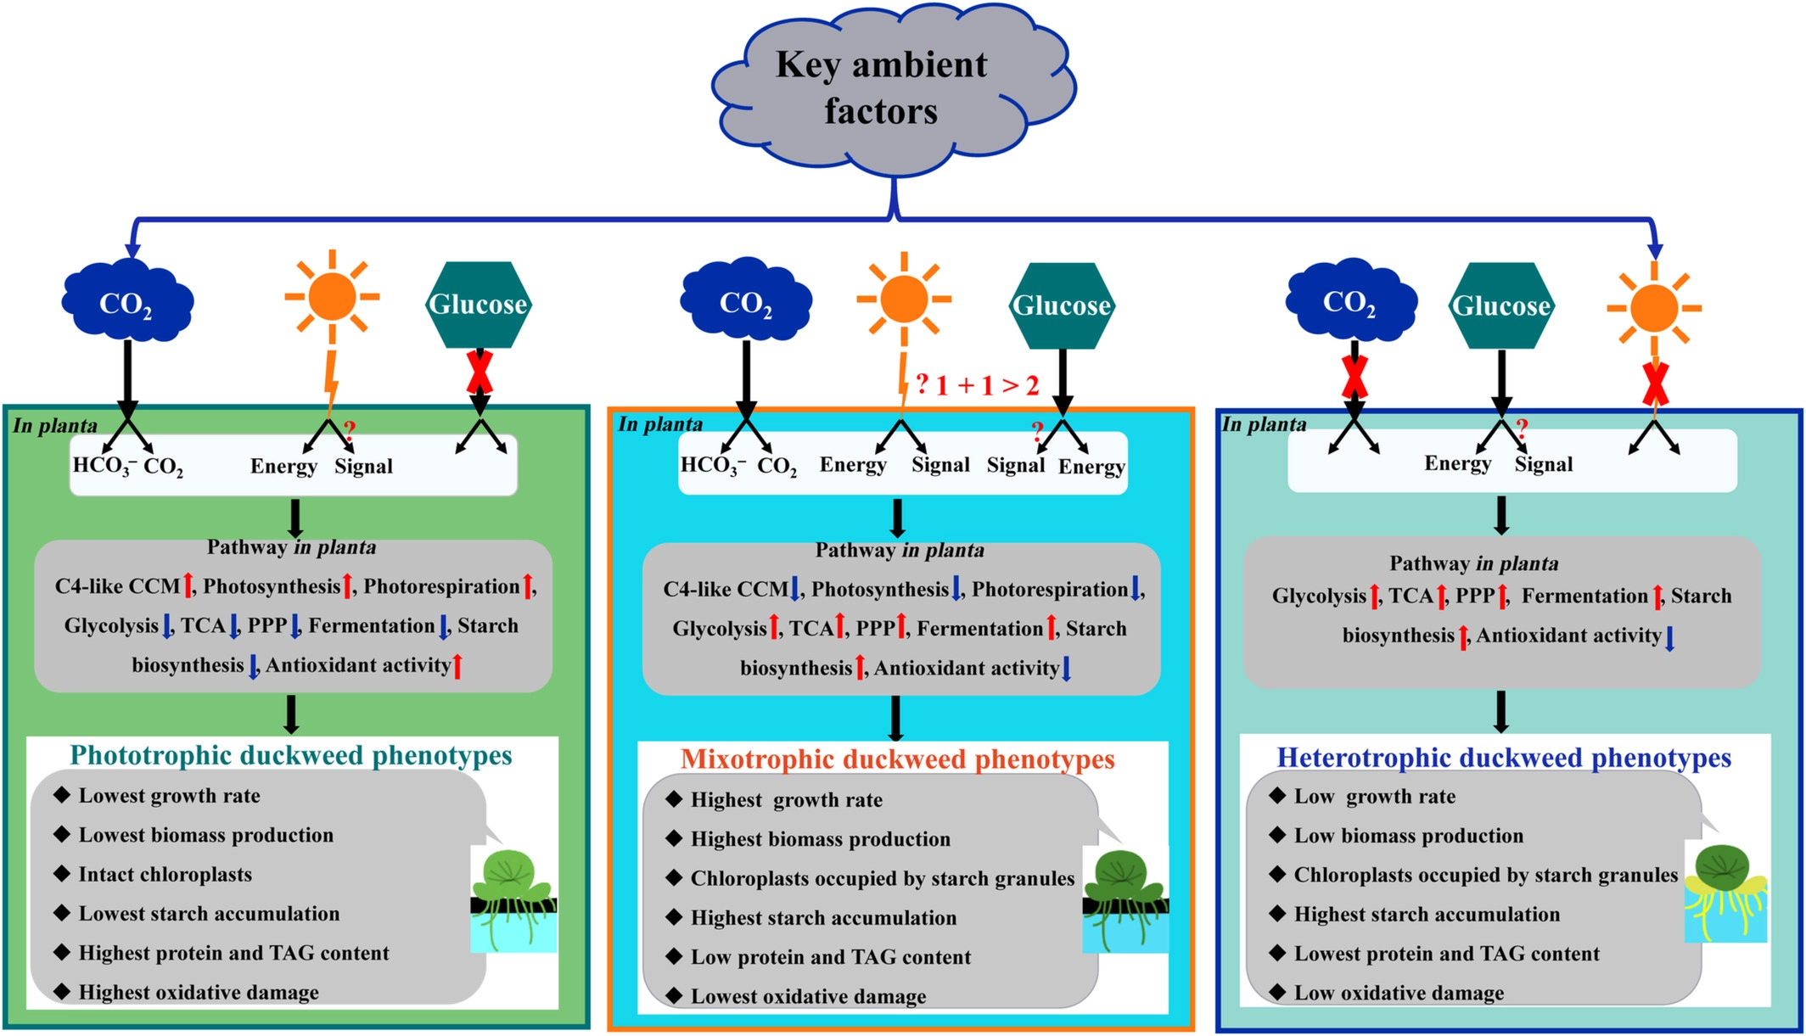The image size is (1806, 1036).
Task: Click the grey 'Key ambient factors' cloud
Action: pos(883,89)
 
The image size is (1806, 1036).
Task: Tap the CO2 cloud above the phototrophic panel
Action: pos(126,302)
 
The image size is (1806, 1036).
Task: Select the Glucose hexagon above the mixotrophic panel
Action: pos(1062,305)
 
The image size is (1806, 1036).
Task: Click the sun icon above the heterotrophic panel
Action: pos(1653,308)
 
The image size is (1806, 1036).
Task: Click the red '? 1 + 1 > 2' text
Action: pos(978,385)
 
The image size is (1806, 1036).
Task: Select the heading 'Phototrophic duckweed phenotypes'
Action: pos(291,755)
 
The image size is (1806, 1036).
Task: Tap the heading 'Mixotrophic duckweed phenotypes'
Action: pos(897,759)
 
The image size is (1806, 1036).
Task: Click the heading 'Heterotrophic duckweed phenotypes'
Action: pos(1504,758)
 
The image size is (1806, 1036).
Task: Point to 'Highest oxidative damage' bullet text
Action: pos(199,992)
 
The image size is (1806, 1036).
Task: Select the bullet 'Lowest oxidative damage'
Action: pos(808,996)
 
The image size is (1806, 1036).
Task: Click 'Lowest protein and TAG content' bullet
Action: pos(1446,954)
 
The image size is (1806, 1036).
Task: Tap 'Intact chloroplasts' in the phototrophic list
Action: pos(165,874)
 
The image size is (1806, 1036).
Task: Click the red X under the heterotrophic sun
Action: pos(1655,384)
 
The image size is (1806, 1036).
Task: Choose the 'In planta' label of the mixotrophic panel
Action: pos(660,424)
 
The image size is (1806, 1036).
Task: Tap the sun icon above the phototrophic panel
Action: pos(332,297)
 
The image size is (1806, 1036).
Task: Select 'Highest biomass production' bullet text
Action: pos(820,839)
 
